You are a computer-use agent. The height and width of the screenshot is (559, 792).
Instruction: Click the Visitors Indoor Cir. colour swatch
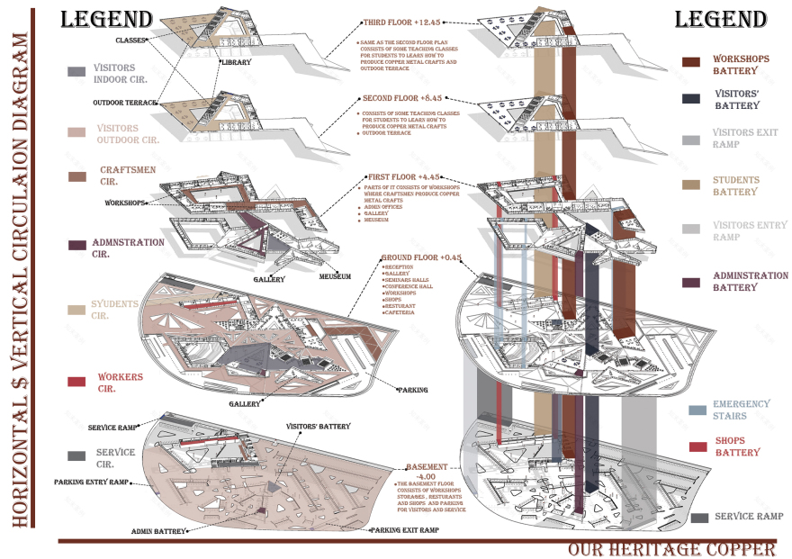pyautogui.click(x=76, y=71)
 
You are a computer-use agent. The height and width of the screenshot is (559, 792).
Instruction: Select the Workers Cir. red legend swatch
pyautogui.click(x=76, y=382)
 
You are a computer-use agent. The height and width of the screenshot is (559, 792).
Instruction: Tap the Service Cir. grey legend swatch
pyautogui.click(x=76, y=455)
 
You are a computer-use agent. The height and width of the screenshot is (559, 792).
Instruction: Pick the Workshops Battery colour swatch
pyautogui.click(x=691, y=62)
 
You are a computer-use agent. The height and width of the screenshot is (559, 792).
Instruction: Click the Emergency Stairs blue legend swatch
pyautogui.click(x=697, y=410)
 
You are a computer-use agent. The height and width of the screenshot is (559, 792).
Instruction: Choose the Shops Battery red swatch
pyautogui.click(x=697, y=446)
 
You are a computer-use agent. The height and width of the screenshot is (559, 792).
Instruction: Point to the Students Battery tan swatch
pyautogui.click(x=691, y=185)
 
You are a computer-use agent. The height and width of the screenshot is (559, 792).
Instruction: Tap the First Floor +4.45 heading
pyautogui.click(x=403, y=177)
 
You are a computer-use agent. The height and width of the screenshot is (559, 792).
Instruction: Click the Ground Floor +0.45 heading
pyautogui.click(x=420, y=257)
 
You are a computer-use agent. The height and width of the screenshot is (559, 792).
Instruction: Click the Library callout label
pyautogui.click(x=237, y=62)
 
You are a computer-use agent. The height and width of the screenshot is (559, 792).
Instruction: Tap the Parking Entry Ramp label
pyautogui.click(x=91, y=482)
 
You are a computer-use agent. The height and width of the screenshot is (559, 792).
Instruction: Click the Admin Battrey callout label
pyautogui.click(x=158, y=531)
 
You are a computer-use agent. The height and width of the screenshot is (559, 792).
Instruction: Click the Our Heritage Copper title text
pyautogui.click(x=671, y=549)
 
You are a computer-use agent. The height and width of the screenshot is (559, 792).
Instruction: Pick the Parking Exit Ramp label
pyautogui.click(x=405, y=530)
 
